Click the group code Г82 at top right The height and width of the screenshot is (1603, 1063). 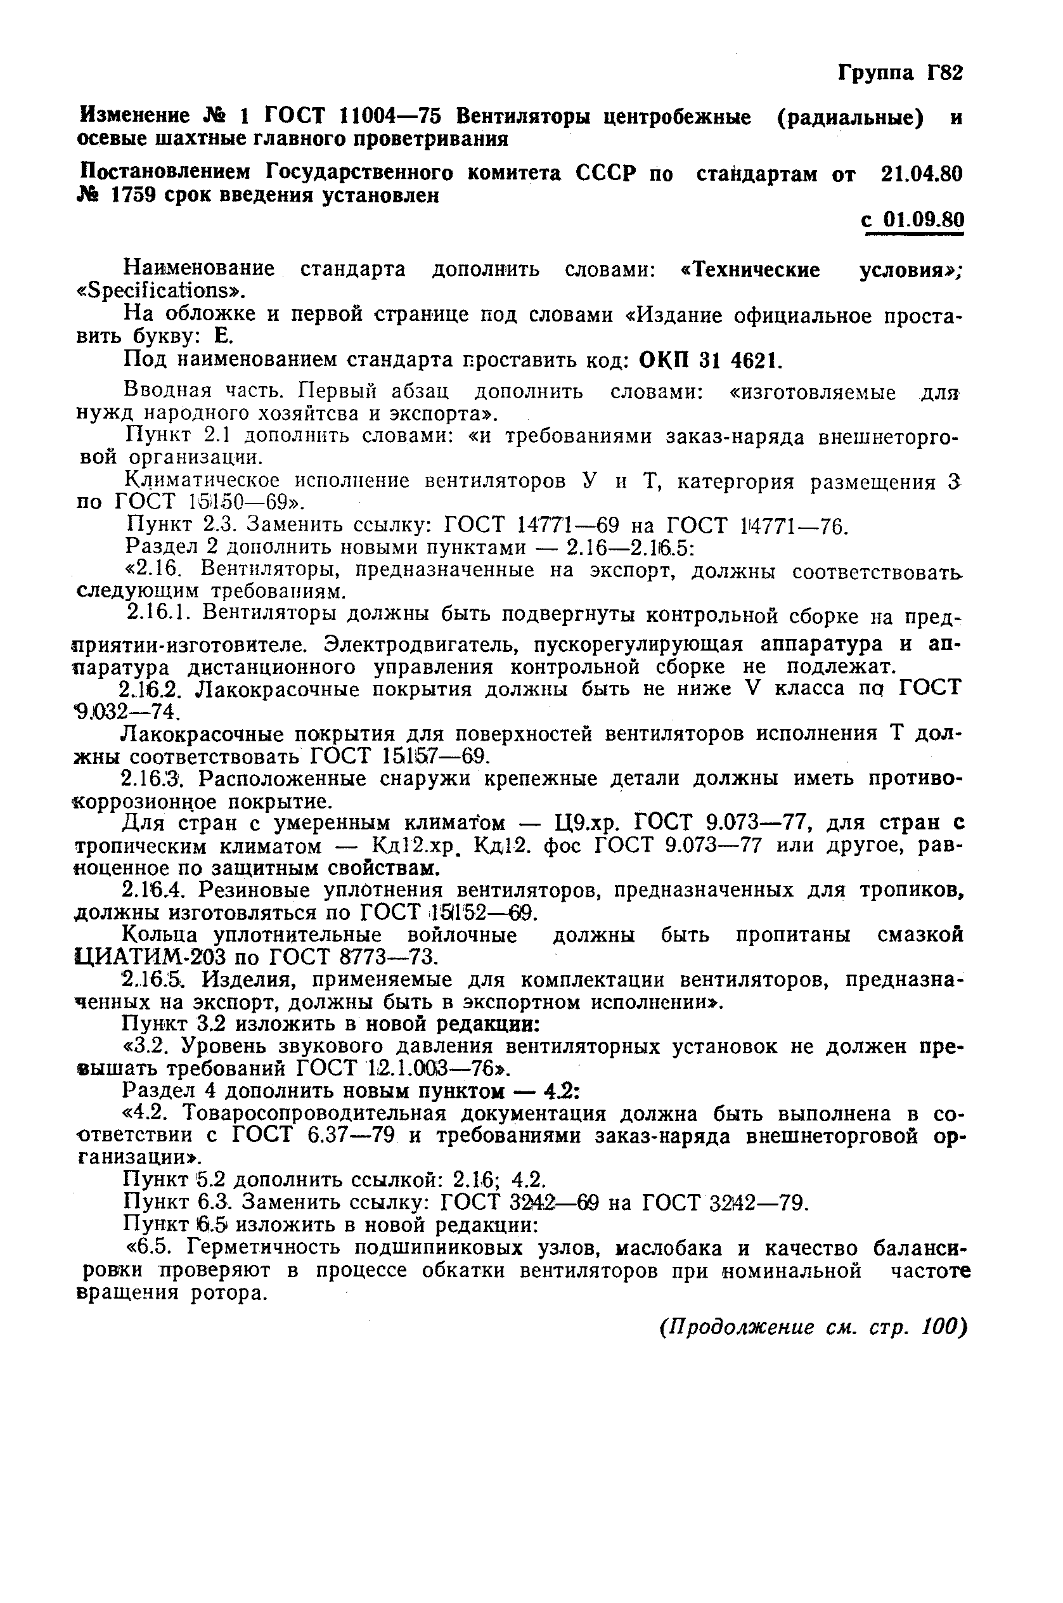[943, 72]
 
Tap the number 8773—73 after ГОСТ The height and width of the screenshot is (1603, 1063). [381, 957]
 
